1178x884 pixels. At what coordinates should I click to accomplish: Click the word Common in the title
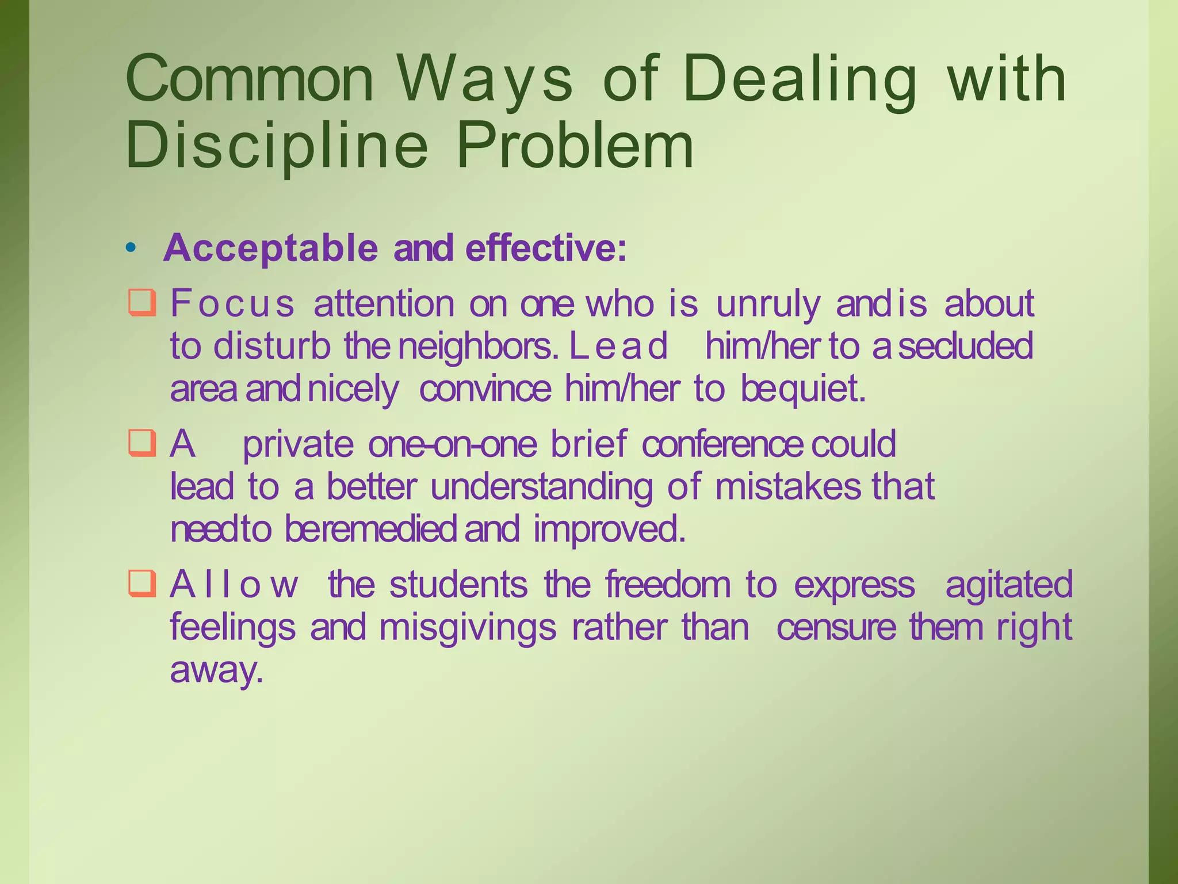coord(249,79)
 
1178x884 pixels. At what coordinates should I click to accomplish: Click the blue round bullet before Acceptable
coord(131,248)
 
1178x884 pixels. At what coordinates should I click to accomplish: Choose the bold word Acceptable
coord(270,248)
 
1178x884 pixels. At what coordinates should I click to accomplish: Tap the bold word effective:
coord(545,248)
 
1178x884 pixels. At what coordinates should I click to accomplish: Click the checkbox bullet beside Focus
coord(141,303)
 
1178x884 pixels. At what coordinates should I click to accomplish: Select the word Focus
coord(232,303)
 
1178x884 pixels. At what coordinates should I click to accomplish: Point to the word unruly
coord(768,303)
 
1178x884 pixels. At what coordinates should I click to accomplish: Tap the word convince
coord(485,388)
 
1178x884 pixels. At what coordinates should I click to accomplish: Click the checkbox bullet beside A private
coord(141,443)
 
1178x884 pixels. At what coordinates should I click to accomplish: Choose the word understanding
coord(541,487)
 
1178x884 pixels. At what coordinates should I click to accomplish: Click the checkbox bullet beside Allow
coord(141,584)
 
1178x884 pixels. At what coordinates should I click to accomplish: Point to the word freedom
coord(667,584)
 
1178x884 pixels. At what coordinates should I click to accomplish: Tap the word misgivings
coord(468,627)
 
